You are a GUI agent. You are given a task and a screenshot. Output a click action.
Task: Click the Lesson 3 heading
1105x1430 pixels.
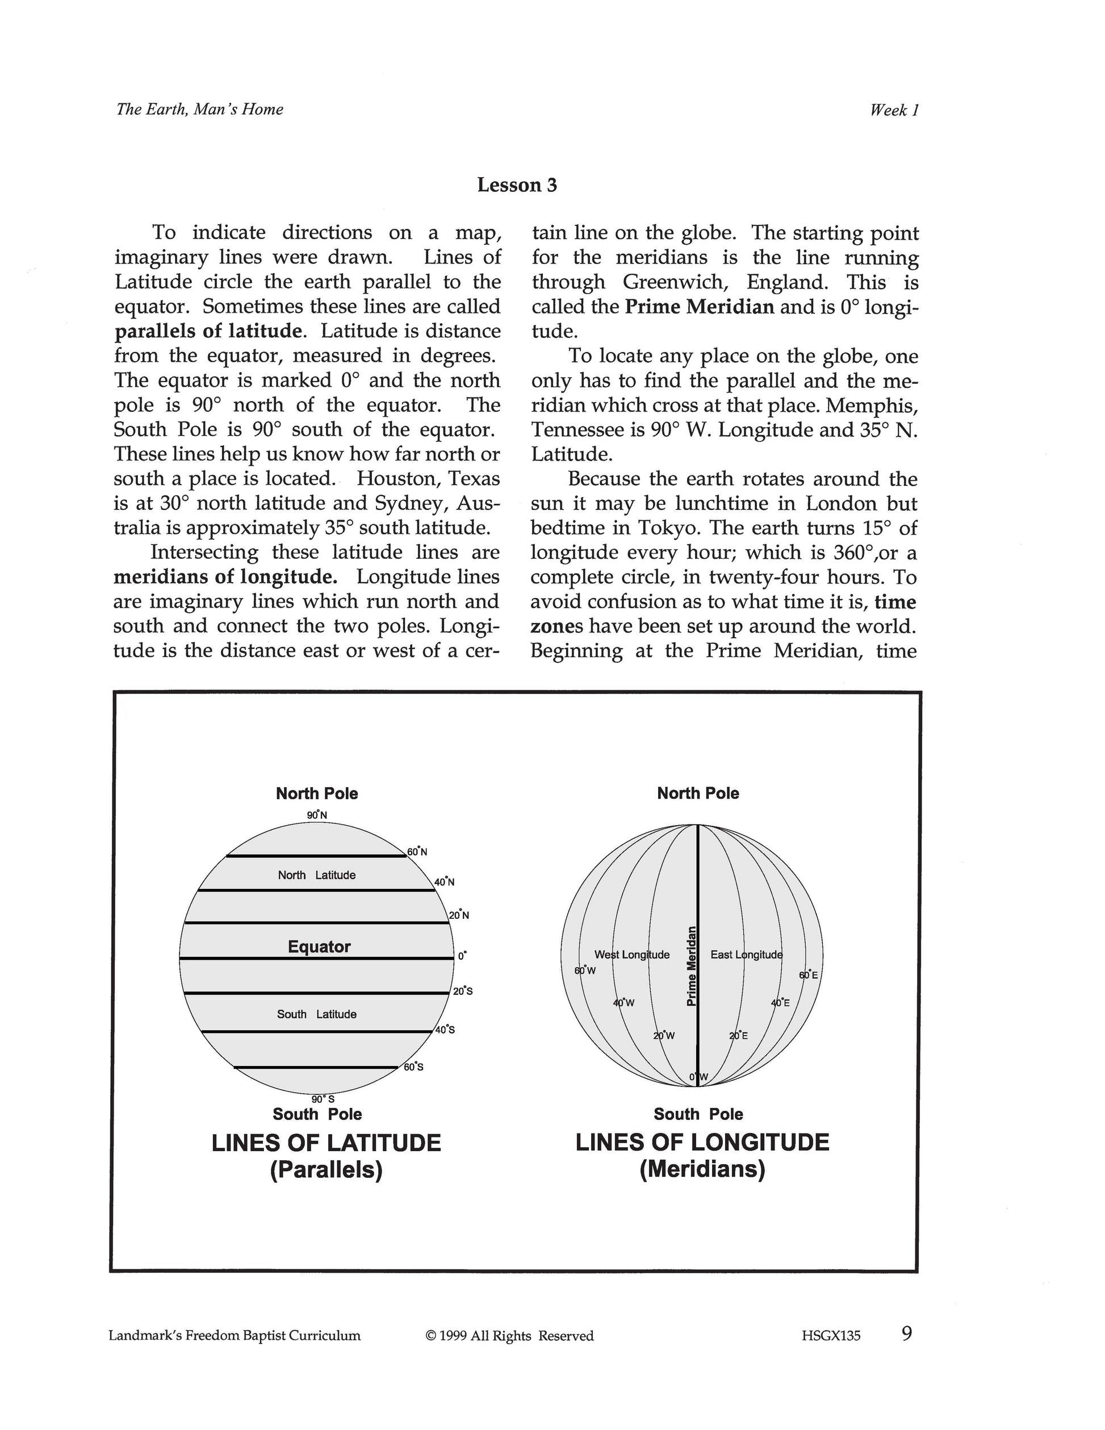click(x=517, y=185)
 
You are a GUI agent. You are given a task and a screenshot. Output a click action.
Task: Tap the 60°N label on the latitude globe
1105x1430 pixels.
click(x=417, y=852)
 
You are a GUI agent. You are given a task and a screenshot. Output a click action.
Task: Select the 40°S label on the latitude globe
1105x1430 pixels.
click(x=445, y=1029)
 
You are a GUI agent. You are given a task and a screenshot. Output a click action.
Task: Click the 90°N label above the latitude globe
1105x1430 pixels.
click(x=317, y=815)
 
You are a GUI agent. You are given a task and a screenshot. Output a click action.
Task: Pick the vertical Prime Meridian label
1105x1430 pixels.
click(x=690, y=967)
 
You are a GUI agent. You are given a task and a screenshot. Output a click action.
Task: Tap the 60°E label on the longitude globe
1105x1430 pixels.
click(x=809, y=975)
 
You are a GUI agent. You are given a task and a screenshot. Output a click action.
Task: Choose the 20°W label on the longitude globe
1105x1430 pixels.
click(x=664, y=1036)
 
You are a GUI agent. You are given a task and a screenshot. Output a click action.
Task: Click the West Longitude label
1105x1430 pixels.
click(x=631, y=955)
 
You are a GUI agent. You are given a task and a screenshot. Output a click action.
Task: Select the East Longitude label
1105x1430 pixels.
click(x=746, y=955)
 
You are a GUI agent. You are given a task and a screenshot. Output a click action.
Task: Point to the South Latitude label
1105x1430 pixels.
click(x=317, y=1014)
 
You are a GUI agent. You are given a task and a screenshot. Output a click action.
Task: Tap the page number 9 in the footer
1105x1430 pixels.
click(x=907, y=1333)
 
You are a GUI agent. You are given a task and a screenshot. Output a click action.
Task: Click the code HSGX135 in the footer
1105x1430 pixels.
click(x=831, y=1336)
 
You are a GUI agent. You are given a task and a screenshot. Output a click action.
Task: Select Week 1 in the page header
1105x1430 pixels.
click(x=894, y=110)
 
